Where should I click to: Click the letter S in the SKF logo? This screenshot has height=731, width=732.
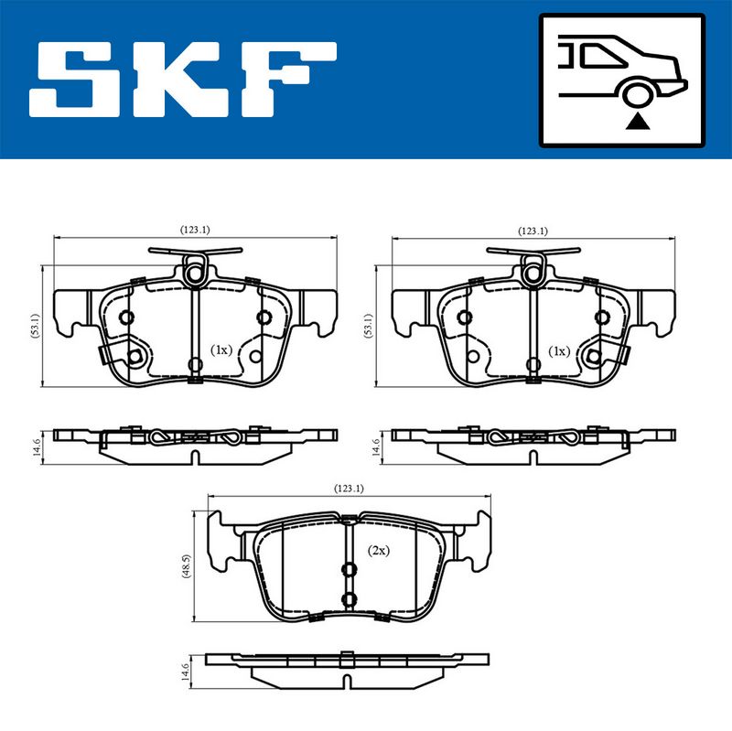coord(75,80)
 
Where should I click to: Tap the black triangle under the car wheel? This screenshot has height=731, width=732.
coord(638,122)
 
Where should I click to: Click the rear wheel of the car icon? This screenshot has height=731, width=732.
coord(638,94)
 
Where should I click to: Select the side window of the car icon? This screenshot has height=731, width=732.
coord(601,55)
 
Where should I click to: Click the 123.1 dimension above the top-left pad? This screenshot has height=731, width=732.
coord(195,230)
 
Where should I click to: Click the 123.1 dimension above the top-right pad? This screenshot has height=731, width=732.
coord(533,231)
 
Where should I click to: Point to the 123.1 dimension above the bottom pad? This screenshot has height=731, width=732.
coord(349,489)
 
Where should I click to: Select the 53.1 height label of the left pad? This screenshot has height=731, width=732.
coord(36,326)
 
